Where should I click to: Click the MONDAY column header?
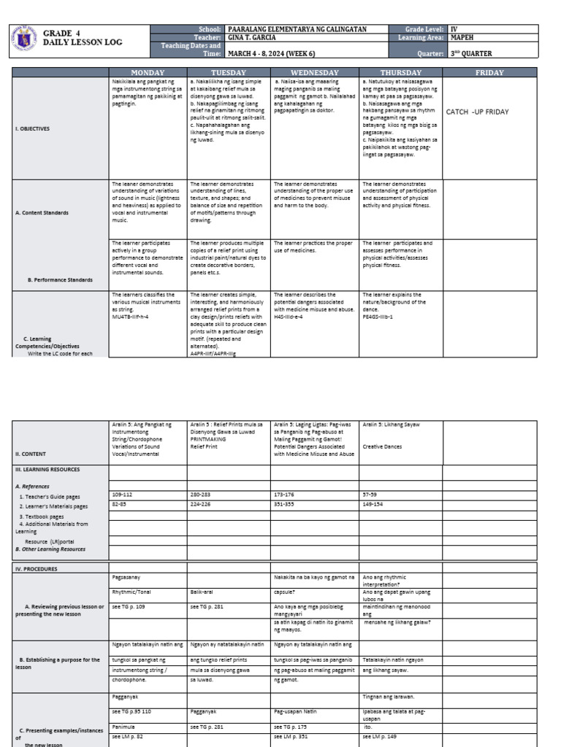148,73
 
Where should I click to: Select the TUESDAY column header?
228,73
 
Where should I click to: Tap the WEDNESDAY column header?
314,73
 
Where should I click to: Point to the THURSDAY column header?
401,73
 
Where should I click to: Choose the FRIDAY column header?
489,73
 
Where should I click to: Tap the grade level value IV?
454,29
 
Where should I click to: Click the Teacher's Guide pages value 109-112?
122,494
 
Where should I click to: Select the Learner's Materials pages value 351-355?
284,503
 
